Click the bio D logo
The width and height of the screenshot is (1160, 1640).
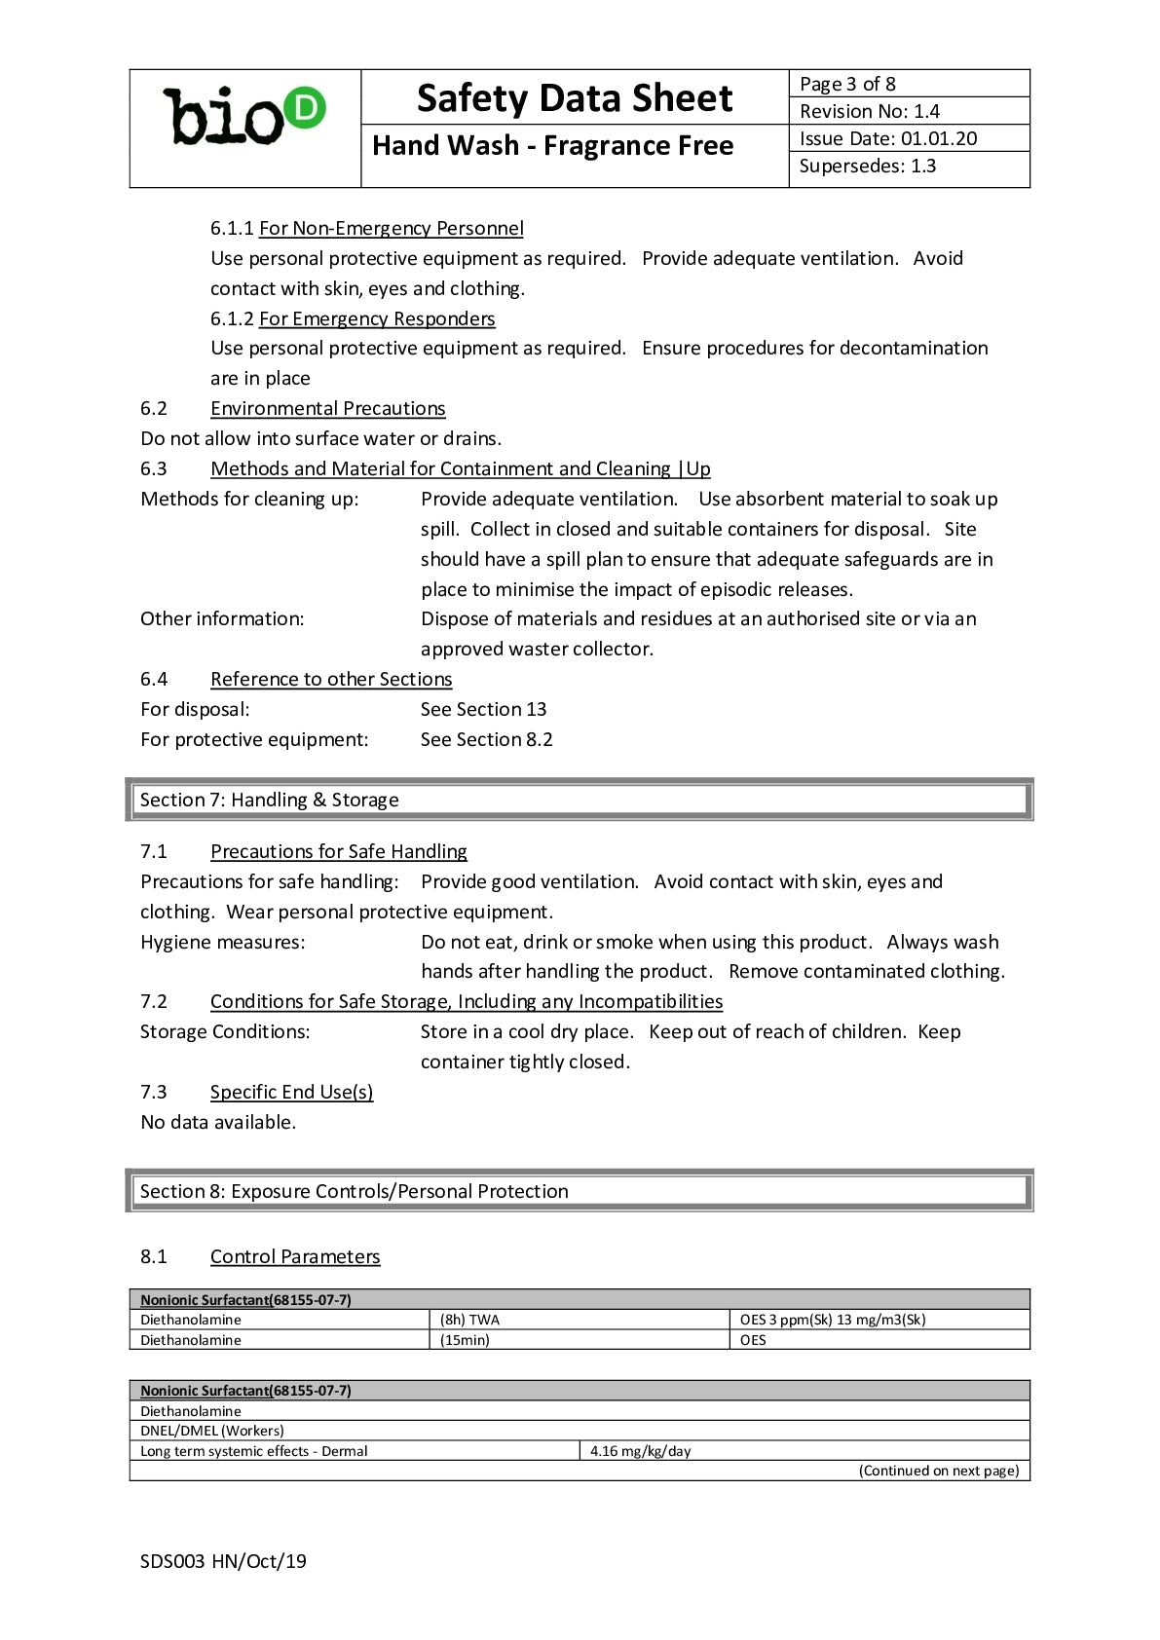(x=244, y=117)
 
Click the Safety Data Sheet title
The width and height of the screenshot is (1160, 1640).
(x=574, y=98)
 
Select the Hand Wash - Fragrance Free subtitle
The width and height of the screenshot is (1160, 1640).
(x=552, y=146)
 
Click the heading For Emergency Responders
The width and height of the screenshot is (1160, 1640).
(x=376, y=318)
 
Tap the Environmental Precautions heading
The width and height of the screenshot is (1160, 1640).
(x=327, y=408)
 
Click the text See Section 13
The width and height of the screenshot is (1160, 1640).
(x=483, y=709)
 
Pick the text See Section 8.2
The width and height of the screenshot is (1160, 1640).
(x=486, y=739)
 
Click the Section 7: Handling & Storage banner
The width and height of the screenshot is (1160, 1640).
(x=580, y=800)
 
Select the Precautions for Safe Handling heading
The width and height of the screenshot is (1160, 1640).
(x=338, y=851)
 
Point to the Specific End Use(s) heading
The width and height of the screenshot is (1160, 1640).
(x=291, y=1092)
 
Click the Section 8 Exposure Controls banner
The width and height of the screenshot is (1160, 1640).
(x=580, y=1191)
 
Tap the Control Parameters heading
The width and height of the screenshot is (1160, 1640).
(x=294, y=1256)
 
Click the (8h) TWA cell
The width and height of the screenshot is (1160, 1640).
(x=469, y=1320)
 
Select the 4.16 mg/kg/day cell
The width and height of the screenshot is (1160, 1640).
(x=640, y=1451)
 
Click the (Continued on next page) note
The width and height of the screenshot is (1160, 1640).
(x=938, y=1471)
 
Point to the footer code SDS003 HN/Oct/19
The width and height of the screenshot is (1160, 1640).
(x=223, y=1561)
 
